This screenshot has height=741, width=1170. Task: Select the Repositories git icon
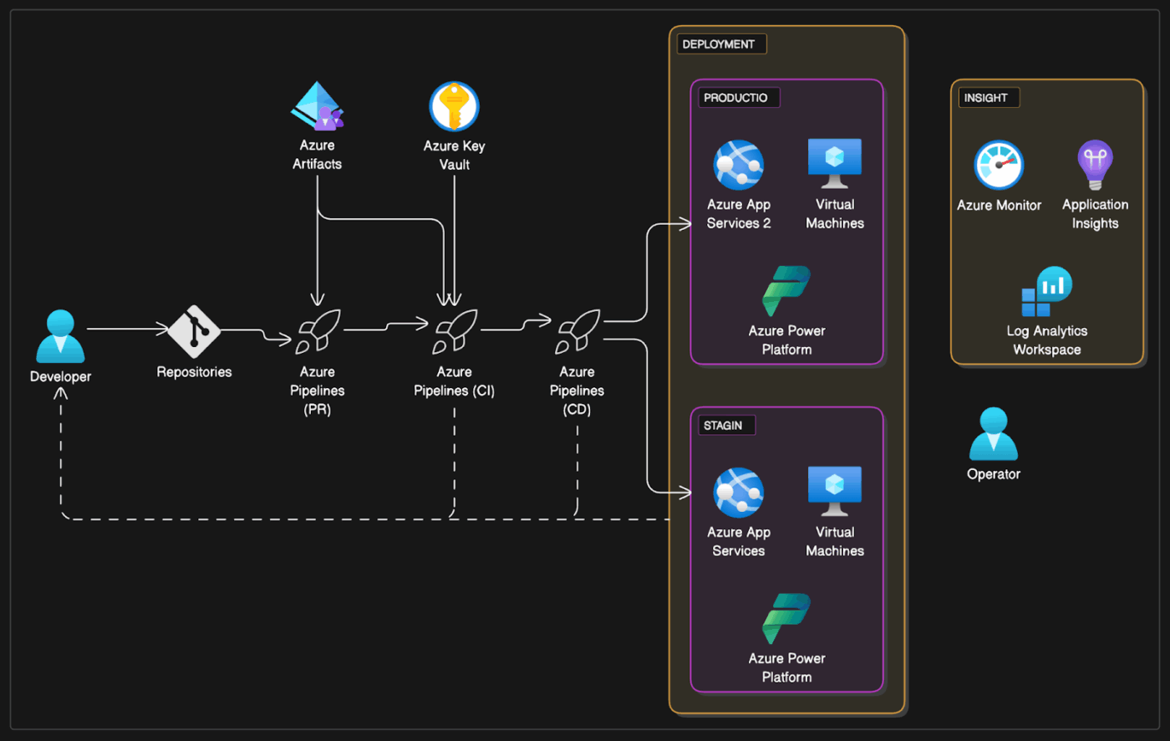[x=194, y=331]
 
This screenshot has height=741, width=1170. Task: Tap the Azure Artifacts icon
[x=317, y=106]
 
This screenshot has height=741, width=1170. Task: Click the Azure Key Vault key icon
[x=454, y=107]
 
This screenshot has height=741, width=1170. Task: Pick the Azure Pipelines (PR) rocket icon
[x=318, y=332]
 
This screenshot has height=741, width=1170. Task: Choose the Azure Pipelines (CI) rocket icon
[x=455, y=332]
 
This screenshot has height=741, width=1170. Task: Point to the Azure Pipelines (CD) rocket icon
[x=577, y=332]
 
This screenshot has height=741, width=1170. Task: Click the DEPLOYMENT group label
[x=719, y=44]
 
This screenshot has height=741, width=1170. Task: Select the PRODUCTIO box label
[x=735, y=98]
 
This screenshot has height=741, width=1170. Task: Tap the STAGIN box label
[x=723, y=426]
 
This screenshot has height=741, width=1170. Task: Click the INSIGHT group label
[x=986, y=98]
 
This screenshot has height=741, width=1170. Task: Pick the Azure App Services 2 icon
[x=738, y=165]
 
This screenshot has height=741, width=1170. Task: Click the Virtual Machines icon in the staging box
[x=834, y=491]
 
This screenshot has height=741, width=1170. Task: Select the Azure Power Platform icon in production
[x=786, y=291]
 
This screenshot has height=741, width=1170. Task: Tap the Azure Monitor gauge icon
[x=999, y=165]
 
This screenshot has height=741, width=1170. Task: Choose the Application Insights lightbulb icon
[x=1095, y=164]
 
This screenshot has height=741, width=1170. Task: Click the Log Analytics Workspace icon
[x=1046, y=292]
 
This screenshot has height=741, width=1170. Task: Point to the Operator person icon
[x=993, y=434]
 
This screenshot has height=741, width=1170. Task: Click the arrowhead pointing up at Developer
[x=61, y=392]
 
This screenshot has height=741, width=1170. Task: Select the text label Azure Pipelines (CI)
[x=454, y=381]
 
